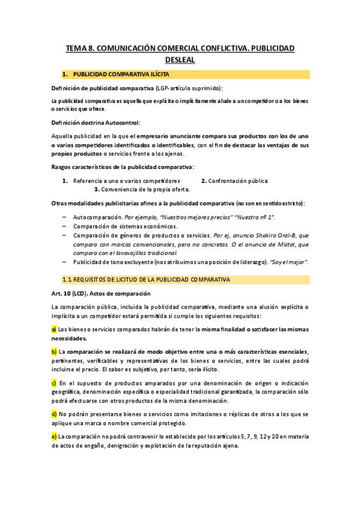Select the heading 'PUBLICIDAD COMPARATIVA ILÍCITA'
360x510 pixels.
(x=121, y=74)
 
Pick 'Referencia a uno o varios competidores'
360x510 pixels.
(x=126, y=180)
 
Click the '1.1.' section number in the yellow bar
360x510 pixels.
(x=68, y=280)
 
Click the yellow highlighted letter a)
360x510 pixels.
(x=54, y=329)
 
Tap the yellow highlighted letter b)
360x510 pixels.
(x=54, y=352)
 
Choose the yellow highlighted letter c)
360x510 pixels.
(x=54, y=382)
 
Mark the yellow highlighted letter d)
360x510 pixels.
(x=54, y=414)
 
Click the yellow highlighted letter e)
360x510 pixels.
(x=54, y=437)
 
